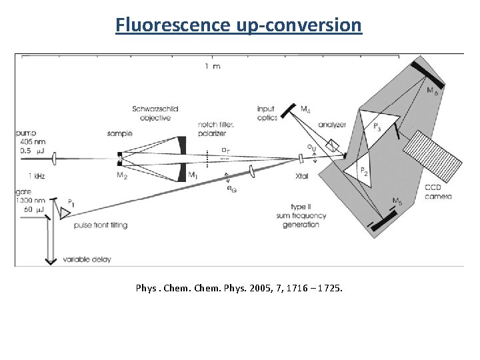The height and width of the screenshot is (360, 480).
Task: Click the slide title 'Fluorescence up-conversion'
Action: [239, 25]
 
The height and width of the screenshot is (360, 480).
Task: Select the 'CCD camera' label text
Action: [437, 192]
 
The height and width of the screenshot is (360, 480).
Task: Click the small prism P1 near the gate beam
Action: [65, 212]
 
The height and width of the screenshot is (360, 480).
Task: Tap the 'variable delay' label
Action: [87, 259]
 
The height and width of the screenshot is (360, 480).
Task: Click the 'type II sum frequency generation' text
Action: [296, 215]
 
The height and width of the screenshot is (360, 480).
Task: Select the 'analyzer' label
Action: [331, 125]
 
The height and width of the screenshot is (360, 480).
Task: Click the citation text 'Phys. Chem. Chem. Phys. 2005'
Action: [239, 288]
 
